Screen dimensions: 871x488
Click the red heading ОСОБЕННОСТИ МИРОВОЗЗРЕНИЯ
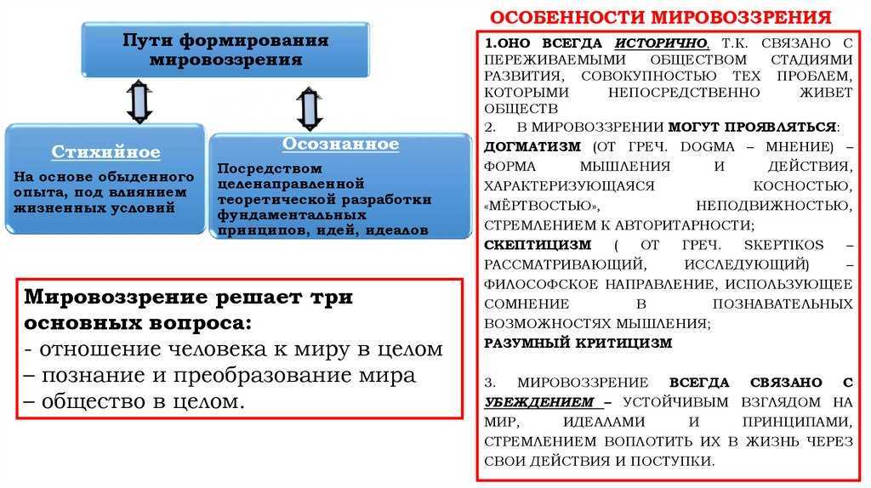point(660,17)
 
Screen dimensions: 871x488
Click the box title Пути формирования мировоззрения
point(225,49)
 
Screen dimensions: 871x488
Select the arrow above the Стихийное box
point(139,102)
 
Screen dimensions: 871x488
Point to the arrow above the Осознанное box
point(310,109)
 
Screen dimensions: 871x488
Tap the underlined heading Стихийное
point(105,151)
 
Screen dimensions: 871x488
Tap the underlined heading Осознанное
point(340,144)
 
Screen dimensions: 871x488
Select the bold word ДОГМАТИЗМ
point(532,147)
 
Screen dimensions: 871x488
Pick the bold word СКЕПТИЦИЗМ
point(538,245)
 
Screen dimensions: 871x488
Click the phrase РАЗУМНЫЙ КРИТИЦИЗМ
point(578,343)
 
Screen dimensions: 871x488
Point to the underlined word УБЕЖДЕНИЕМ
point(538,402)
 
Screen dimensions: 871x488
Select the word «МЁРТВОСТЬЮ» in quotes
point(542,206)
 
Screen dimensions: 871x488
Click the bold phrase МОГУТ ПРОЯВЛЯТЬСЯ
point(752,128)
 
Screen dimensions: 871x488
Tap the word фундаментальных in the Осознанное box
point(292,214)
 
